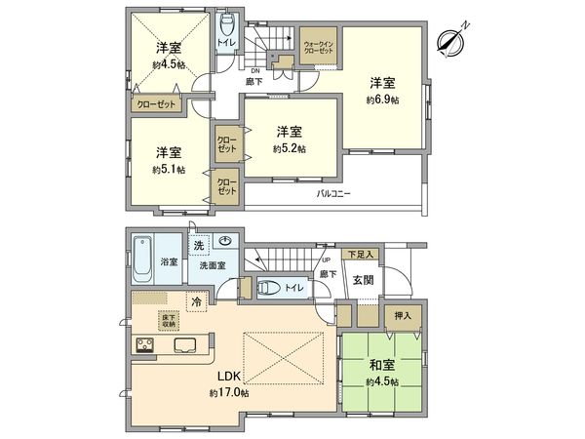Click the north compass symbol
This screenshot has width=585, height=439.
pos(449,40)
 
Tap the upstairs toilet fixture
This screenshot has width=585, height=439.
pos(228,24)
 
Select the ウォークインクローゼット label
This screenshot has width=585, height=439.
pos(320,48)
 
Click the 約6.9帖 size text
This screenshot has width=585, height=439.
pos(382,100)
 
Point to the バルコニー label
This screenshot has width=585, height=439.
pos(333,193)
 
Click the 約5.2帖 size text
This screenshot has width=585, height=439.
pos(289,148)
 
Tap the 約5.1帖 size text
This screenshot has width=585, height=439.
pos(168,169)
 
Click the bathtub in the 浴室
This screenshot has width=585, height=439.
pos(140,255)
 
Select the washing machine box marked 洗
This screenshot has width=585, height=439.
pos(199,244)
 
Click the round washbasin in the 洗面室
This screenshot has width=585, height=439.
pos(226,244)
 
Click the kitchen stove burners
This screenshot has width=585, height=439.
pos(143,344)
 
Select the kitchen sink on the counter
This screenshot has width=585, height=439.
pos(186,344)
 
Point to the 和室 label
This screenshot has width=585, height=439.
pos(382,367)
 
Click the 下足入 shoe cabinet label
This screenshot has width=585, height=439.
pos(361,254)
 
